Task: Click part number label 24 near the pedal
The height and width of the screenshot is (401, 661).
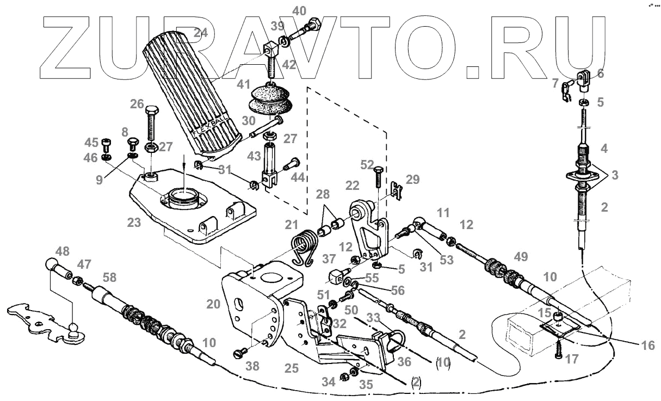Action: click(201, 33)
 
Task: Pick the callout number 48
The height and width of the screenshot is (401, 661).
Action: click(62, 252)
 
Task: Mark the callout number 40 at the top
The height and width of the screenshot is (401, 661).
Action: click(299, 10)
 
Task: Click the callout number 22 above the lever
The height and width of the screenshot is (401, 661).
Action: click(353, 186)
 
